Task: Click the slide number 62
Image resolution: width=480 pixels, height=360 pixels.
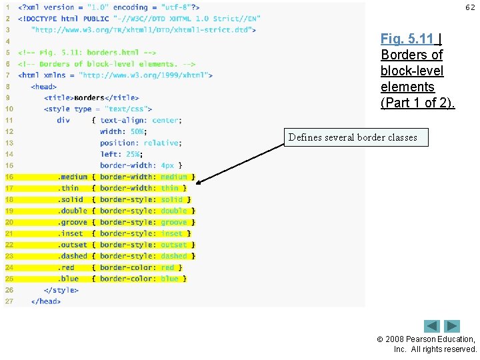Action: [x=471, y=7]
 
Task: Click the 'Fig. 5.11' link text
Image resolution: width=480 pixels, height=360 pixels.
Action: [x=407, y=39]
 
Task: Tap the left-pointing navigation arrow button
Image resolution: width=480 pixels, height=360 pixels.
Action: [x=432, y=326]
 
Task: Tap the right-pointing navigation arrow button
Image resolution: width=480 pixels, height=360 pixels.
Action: [x=453, y=326]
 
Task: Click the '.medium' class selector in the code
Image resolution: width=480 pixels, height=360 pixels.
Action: [x=73, y=177]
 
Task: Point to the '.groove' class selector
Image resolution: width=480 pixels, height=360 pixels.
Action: [x=73, y=222]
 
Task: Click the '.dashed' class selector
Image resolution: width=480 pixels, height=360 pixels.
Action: [x=73, y=256]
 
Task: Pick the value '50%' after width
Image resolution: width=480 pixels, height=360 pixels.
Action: [x=137, y=132]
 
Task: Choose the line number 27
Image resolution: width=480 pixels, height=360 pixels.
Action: [x=9, y=301]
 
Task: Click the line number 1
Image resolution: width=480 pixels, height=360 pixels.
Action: [x=7, y=7]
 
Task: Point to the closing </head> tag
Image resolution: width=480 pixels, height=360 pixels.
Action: [x=45, y=301]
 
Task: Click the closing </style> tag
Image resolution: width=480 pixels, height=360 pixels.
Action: [x=61, y=290]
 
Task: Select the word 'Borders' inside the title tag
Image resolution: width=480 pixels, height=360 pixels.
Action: [x=89, y=98]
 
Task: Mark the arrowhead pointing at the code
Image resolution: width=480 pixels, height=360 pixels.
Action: [x=201, y=181]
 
